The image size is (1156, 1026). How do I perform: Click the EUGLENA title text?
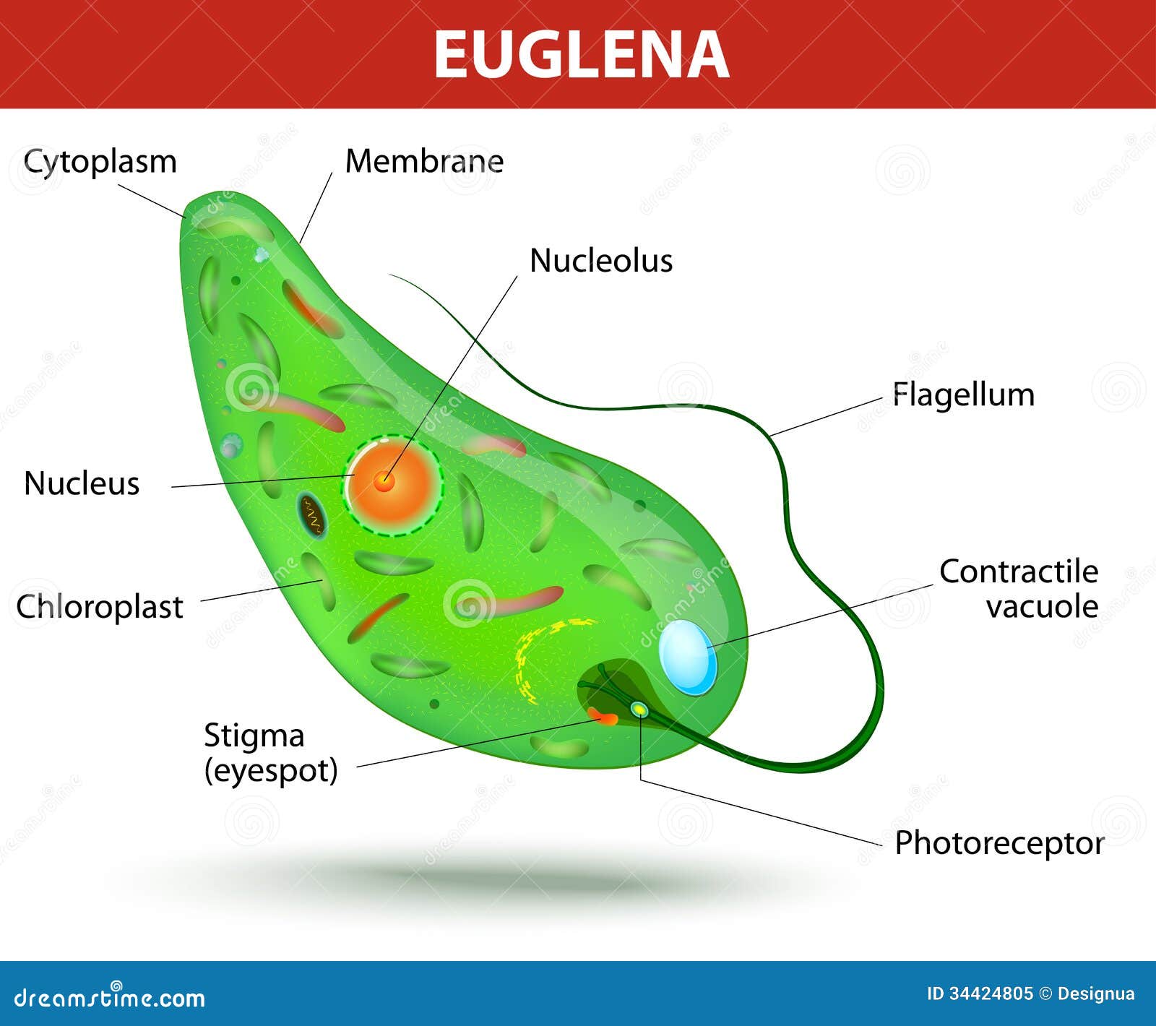coord(581,55)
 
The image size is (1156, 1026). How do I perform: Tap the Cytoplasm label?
coord(100,163)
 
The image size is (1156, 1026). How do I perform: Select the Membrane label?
coord(424,160)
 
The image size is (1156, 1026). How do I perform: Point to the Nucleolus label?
coord(601,260)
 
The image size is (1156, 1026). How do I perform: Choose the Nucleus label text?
coord(82,483)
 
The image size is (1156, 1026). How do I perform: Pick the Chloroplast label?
coord(100,607)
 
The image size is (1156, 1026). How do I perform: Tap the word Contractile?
coord(1019,572)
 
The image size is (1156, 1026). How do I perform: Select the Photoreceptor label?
coord(999,844)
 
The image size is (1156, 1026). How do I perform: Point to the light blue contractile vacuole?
coord(688,658)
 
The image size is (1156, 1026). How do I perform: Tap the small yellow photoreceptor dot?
coord(639,710)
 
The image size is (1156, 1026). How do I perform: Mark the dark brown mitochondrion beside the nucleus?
coord(312,515)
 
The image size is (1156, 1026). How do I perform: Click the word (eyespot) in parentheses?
coord(272,772)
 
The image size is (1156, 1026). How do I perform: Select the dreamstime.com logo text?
coord(110,997)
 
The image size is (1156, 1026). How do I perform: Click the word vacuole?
coord(1043,607)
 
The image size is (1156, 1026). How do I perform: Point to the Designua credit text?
coord(1095,995)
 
